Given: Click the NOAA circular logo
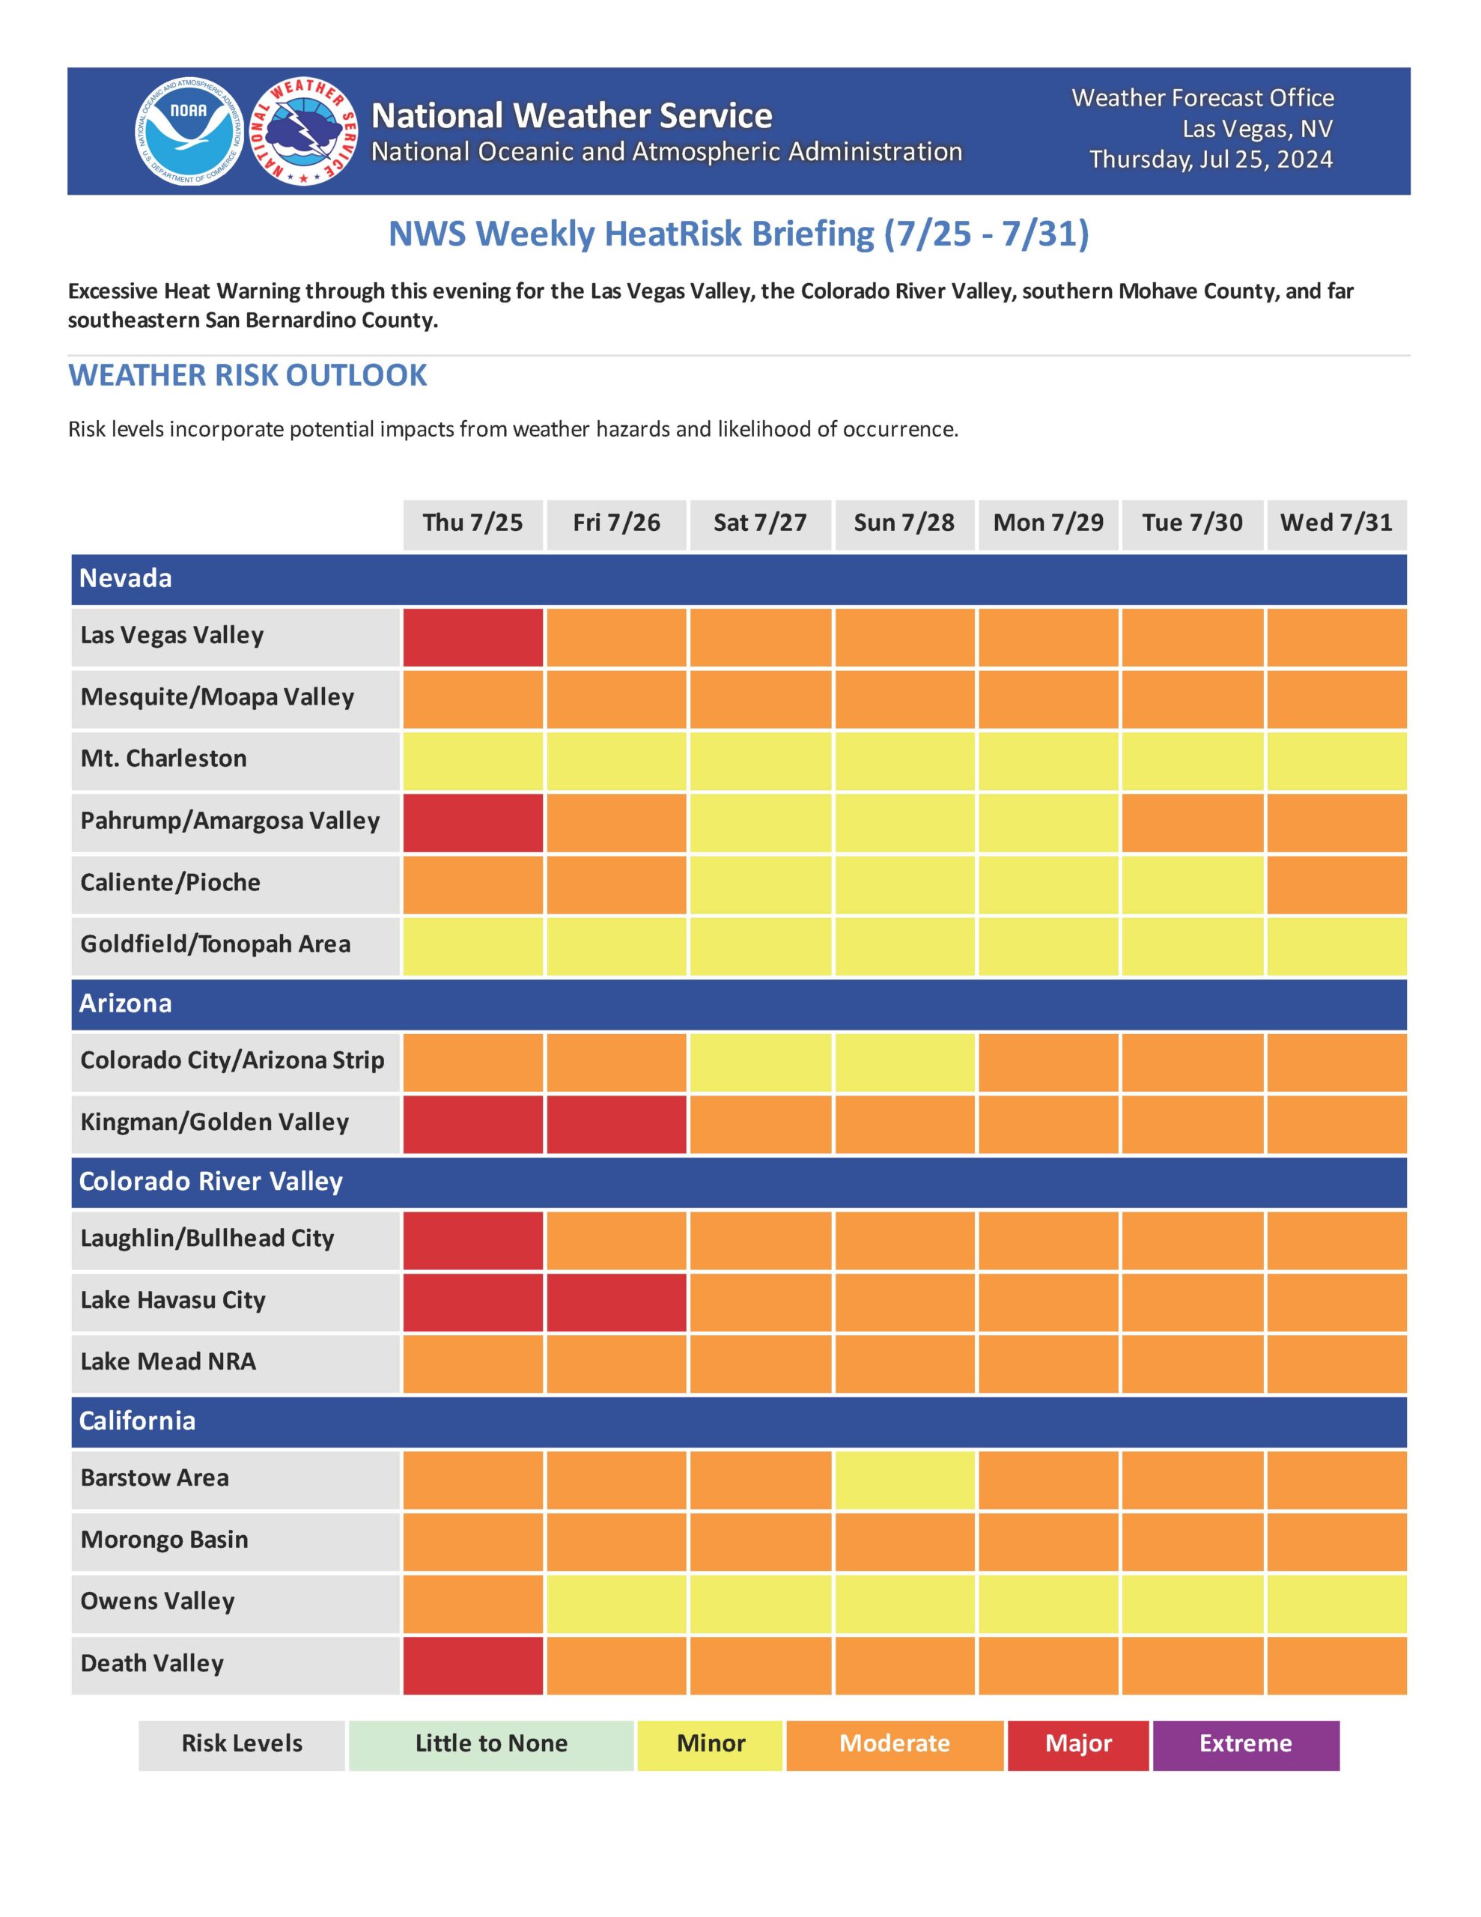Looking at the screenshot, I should (189, 131).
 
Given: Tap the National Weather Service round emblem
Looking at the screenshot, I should (304, 131).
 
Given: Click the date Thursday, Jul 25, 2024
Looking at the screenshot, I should (1211, 159).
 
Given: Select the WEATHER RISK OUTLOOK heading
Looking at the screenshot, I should (248, 375).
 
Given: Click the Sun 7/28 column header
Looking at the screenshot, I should (904, 523).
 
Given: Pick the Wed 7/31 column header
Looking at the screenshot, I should (1335, 523).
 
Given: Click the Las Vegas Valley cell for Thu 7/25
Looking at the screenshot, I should (472, 637).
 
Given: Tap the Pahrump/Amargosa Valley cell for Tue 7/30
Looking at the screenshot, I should (1192, 821).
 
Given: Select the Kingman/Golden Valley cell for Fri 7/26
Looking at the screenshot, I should (616, 1123).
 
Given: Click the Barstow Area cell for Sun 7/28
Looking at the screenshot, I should (904, 1479).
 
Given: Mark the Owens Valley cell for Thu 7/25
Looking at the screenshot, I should (472, 1602).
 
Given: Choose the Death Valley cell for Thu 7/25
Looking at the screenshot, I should (472, 1664).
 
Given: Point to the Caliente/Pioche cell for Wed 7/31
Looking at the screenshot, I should (1335, 883).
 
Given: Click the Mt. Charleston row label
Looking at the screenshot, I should (163, 759).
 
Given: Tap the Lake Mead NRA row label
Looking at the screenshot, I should (168, 1361).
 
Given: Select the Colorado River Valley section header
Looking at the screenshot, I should (210, 1182).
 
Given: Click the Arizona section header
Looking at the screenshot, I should (126, 1003).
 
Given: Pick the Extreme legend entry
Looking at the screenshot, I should (1245, 1743).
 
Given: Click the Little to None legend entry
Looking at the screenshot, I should (490, 1743).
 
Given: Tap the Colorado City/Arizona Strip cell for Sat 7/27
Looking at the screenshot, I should (760, 1061).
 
